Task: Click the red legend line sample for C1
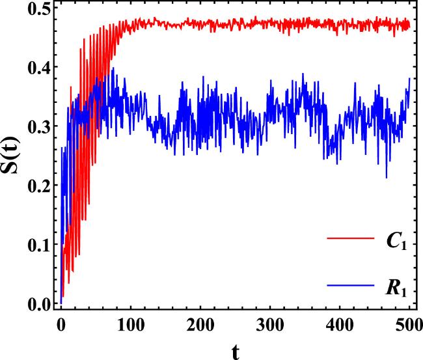(349, 240)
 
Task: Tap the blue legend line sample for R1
(349, 285)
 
